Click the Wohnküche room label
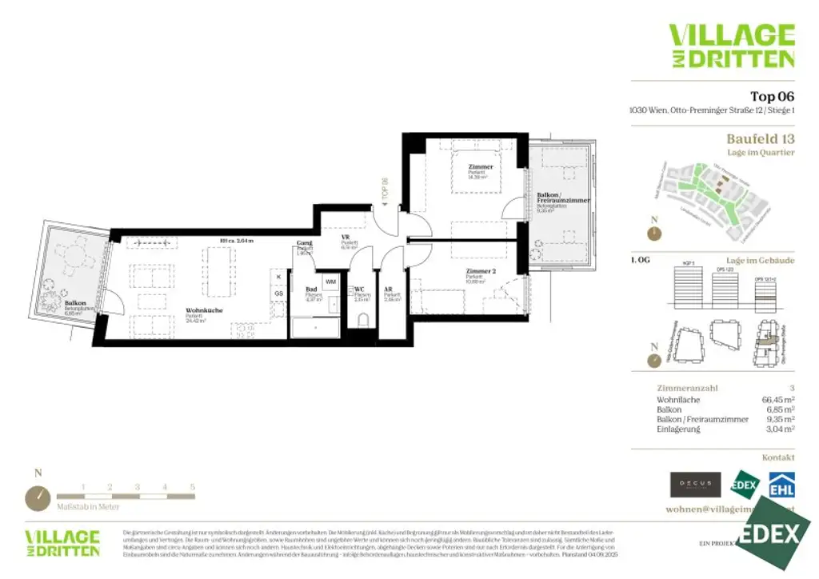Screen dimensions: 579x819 (x=204, y=310)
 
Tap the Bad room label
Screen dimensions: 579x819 (x=311, y=289)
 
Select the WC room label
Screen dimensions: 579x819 (x=360, y=289)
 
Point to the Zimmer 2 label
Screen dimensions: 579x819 (x=481, y=271)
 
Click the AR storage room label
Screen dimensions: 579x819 (x=389, y=289)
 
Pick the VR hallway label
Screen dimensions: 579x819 (x=346, y=238)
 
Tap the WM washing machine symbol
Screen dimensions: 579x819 (x=330, y=282)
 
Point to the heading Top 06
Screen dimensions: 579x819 (x=772, y=97)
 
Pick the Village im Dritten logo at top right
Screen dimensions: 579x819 (x=731, y=46)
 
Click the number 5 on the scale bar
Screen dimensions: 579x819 (x=192, y=486)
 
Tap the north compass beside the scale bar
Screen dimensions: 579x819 (x=38, y=497)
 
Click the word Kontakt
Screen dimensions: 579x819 (x=778, y=457)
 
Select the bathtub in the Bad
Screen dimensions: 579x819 (x=314, y=327)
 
